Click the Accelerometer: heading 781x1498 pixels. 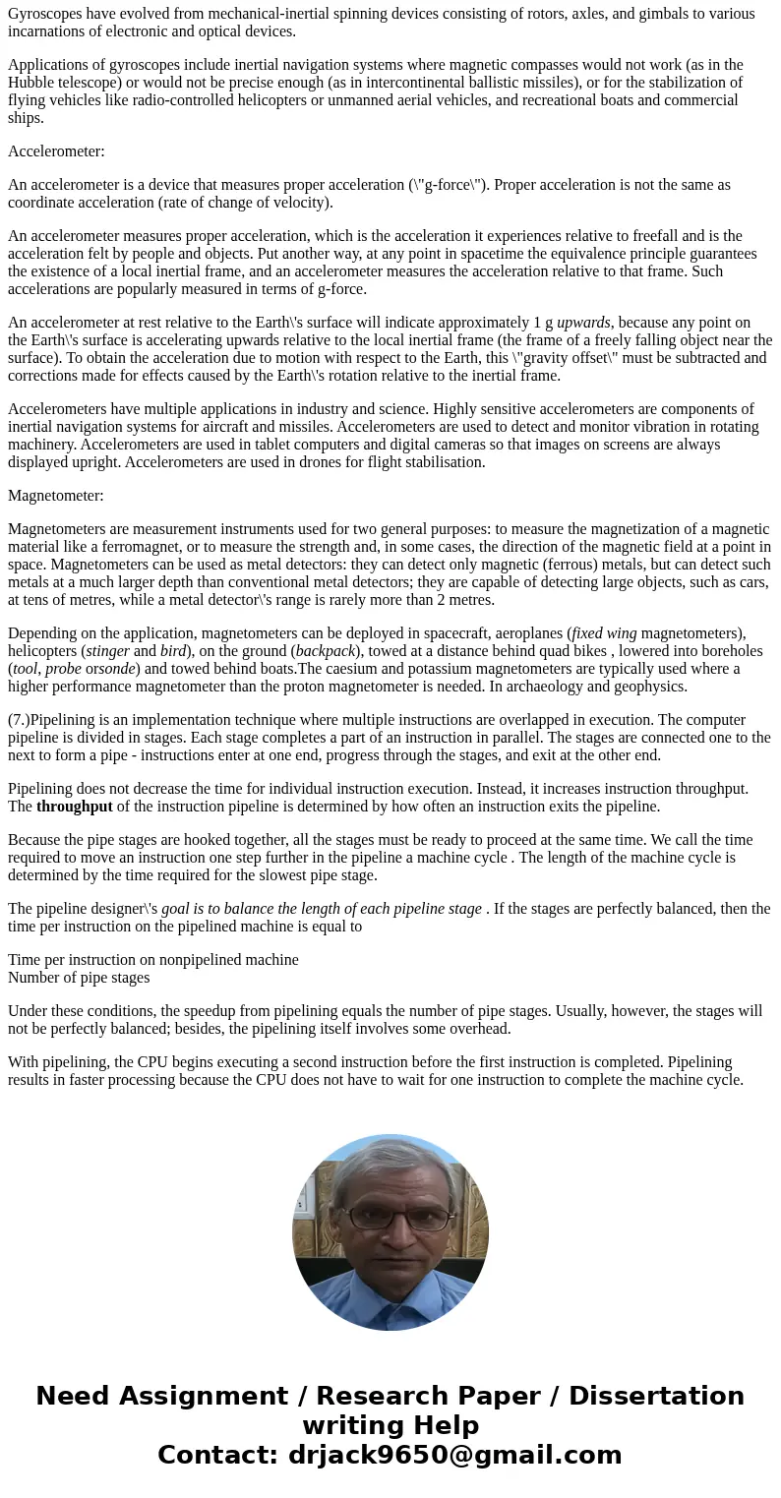click(x=56, y=151)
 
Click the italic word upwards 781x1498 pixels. click(x=583, y=323)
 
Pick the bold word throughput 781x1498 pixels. click(x=75, y=807)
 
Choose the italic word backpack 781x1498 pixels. click(x=325, y=651)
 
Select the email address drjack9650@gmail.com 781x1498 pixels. click(x=454, y=1456)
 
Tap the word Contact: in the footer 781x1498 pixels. click(x=217, y=1456)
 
